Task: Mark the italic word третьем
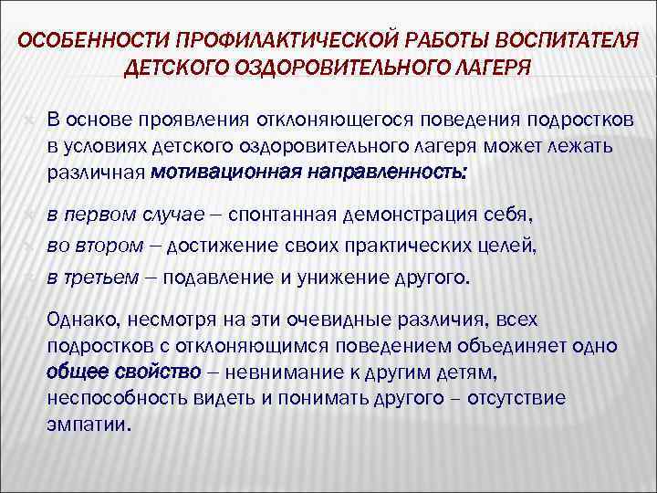tap(102, 278)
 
